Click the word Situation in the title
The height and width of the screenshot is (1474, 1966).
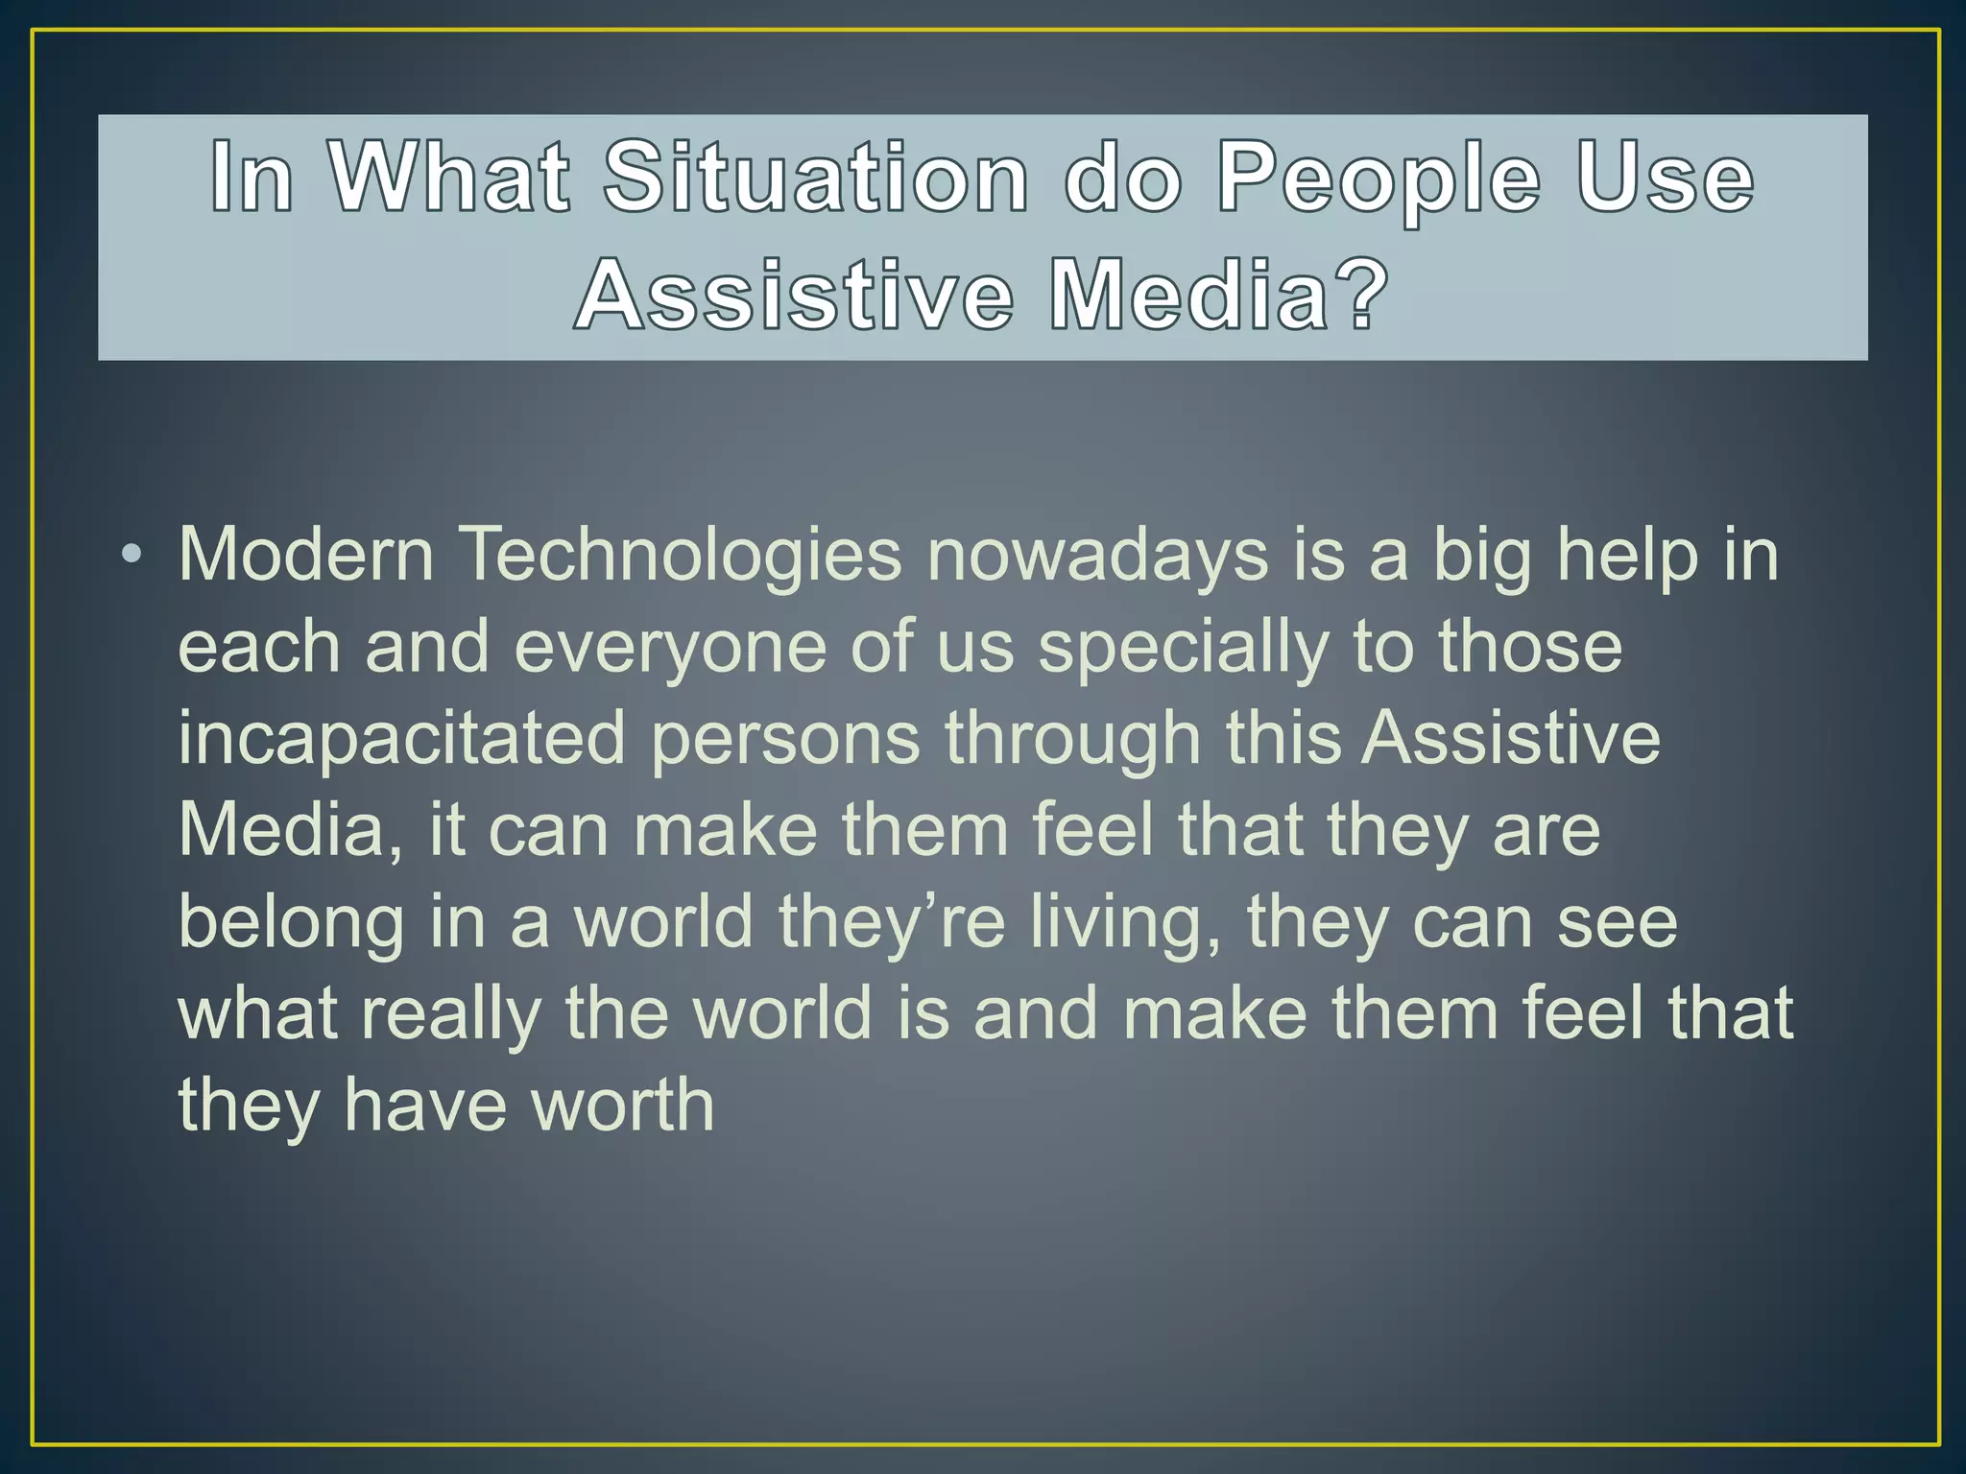[815, 178]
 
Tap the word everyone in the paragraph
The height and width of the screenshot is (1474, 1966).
[670, 649]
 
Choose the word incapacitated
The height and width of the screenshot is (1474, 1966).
[401, 739]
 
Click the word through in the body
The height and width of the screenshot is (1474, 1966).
[1072, 739]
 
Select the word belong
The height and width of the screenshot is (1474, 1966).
[291, 923]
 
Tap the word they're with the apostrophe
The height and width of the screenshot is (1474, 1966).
[892, 923]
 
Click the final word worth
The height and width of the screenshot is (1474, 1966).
[623, 1105]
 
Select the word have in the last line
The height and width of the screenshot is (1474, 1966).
[425, 1105]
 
